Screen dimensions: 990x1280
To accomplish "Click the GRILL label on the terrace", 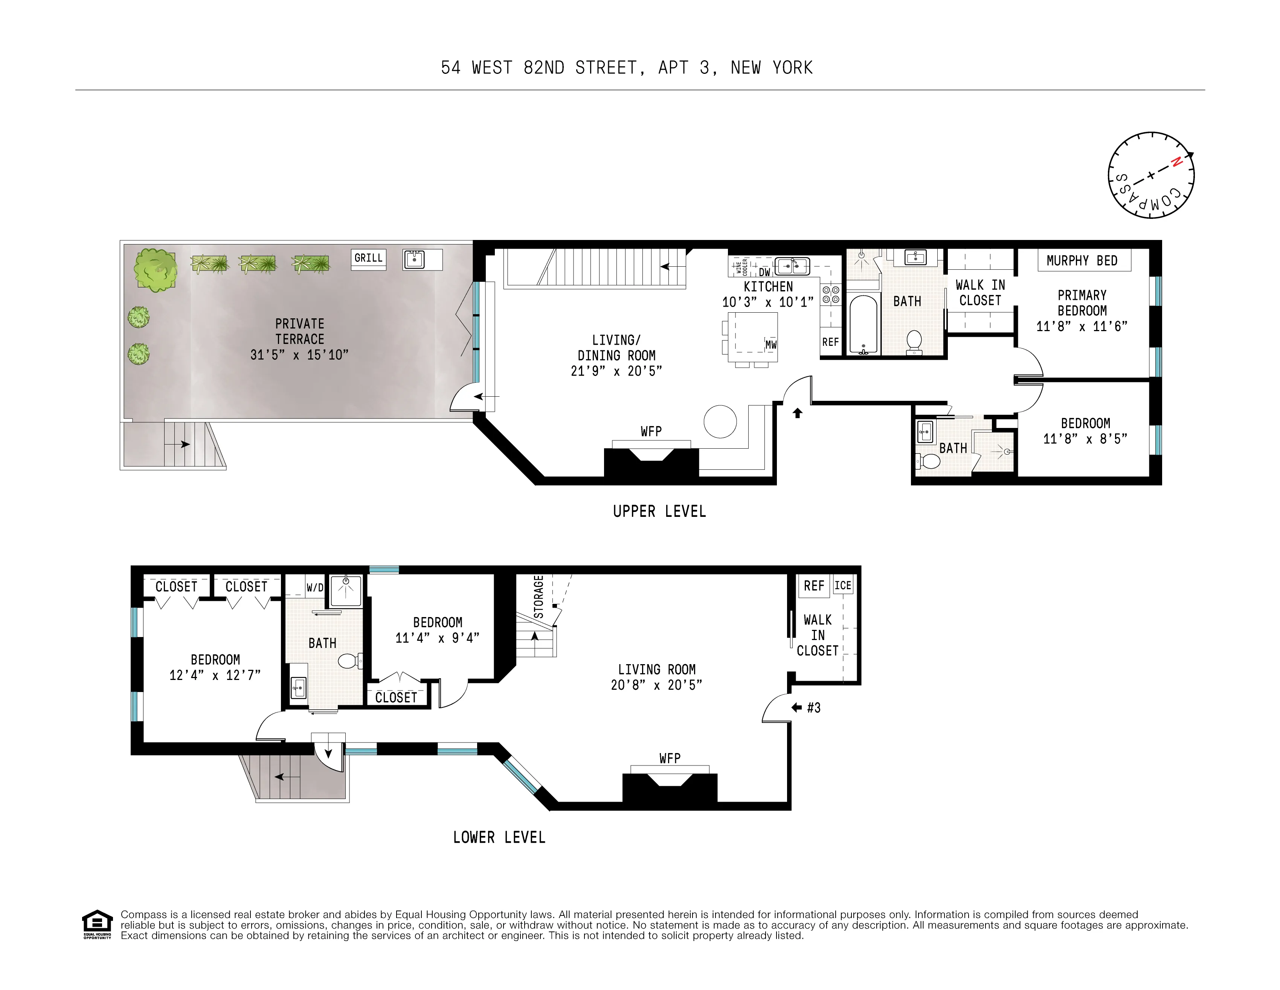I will pyautogui.click(x=368, y=258).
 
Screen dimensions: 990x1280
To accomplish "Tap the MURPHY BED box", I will pyautogui.click(x=1082, y=261).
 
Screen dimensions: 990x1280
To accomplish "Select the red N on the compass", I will pyautogui.click(x=1175, y=163).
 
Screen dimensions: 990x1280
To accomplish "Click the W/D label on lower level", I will pyautogui.click(x=315, y=587).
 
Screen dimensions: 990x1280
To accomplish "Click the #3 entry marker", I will pyautogui.click(x=813, y=707).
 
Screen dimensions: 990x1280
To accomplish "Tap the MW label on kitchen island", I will pyautogui.click(x=771, y=345).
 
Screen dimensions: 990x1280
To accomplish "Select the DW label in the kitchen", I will pyautogui.click(x=764, y=272).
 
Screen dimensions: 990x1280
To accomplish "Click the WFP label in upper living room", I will pyautogui.click(x=651, y=431).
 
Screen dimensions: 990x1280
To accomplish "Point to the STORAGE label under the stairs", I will pyautogui.click(x=539, y=597).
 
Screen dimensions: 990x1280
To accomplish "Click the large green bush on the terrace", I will pyautogui.click(x=155, y=270).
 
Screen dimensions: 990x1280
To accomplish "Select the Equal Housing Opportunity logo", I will pyautogui.click(x=97, y=924).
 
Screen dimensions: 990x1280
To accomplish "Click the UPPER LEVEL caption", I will pyautogui.click(x=659, y=511).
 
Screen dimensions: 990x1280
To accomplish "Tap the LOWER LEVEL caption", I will pyautogui.click(x=499, y=837).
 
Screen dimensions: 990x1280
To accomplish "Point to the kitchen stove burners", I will pyautogui.click(x=830, y=294).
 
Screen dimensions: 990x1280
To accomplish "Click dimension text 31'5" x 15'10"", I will pyautogui.click(x=299, y=354).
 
